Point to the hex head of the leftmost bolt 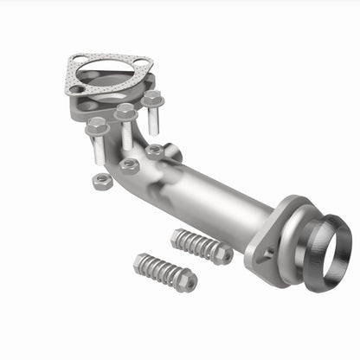point(96,126)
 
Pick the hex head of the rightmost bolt point(152,100)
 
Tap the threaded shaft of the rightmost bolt point(154,119)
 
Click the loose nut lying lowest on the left point(103,180)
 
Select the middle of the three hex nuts point(129,164)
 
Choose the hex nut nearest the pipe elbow point(154,151)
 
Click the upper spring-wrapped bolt point(201,246)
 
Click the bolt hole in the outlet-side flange point(261,254)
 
